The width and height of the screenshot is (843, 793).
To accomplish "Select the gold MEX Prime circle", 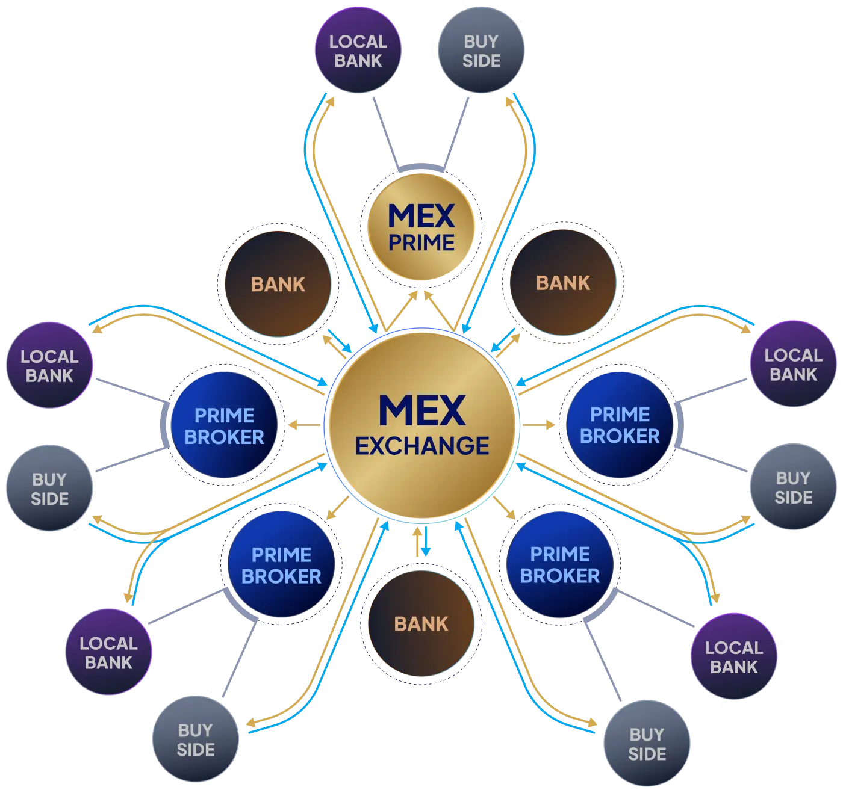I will click(x=421, y=227).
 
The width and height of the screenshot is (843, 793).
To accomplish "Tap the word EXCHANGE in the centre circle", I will click(x=421, y=446).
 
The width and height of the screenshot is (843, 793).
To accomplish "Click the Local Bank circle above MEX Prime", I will click(x=358, y=51).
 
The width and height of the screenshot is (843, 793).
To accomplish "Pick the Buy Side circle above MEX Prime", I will click(x=481, y=51).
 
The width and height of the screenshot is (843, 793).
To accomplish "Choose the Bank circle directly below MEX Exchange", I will click(x=421, y=623).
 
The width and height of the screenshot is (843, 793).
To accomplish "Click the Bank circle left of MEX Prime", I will click(x=278, y=284).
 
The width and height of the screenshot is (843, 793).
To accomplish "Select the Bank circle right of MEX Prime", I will click(x=563, y=283).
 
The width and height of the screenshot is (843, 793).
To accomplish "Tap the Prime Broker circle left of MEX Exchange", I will click(x=224, y=426).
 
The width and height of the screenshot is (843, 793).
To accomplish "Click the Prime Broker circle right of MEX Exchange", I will click(x=620, y=425).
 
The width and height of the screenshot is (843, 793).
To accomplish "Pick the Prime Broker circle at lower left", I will click(x=281, y=565).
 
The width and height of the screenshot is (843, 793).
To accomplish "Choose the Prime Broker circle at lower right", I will click(x=559, y=564).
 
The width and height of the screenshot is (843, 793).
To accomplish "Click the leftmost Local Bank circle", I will click(x=49, y=366).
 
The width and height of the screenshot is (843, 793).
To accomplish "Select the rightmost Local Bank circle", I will click(x=793, y=365).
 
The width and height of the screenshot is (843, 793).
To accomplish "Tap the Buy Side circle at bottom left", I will click(x=195, y=739).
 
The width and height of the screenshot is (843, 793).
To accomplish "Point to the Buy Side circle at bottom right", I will click(x=647, y=744).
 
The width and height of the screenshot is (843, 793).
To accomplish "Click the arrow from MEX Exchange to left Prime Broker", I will click(x=304, y=426).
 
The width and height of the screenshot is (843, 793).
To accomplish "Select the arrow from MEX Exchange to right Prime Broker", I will click(x=540, y=425).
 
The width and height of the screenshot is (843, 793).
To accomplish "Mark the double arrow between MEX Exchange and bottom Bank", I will click(x=421, y=542).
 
